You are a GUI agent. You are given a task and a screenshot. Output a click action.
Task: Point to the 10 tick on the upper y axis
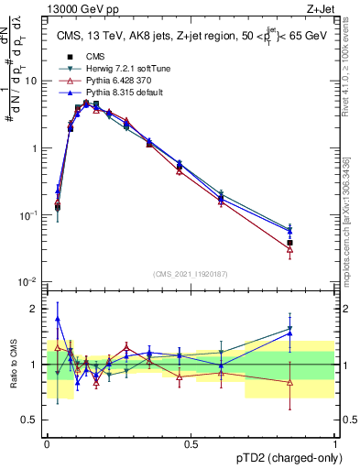point(34,81)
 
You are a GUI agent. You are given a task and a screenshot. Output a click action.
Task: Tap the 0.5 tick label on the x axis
point(191,443)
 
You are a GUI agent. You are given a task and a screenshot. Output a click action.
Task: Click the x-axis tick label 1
point(334,443)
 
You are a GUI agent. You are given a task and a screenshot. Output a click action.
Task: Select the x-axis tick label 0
point(47,443)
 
